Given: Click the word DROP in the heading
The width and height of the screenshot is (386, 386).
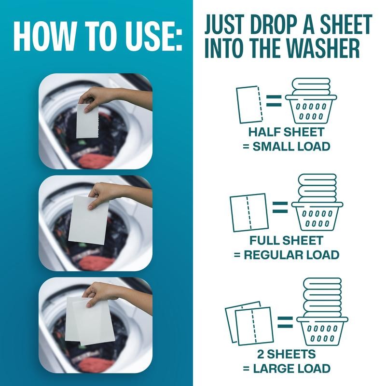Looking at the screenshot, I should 277,24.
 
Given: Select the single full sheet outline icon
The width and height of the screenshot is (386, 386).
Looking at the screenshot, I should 249,212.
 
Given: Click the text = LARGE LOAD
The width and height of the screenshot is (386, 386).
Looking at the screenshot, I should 287,369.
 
